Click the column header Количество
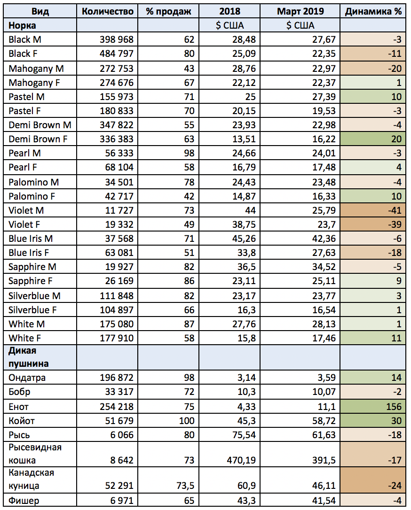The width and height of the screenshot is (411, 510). point(107,11)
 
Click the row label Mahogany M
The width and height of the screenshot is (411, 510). point(36,69)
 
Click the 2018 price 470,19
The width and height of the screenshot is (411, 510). point(239,460)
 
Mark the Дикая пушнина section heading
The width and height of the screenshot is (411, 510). point(29,356)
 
